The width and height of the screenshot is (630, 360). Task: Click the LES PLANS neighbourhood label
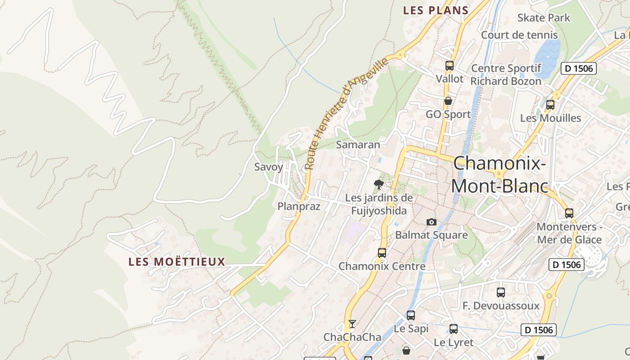click(436, 10)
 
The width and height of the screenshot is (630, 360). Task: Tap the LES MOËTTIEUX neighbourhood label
click(177, 262)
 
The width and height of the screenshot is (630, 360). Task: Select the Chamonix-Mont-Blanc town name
click(499, 175)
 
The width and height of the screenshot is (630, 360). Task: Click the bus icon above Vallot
click(449, 66)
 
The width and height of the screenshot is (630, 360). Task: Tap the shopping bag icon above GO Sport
click(448, 101)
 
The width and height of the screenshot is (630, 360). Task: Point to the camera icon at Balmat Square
click(431, 222)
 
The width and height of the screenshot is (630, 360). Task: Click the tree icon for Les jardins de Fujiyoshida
click(379, 184)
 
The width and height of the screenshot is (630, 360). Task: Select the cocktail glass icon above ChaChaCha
click(352, 324)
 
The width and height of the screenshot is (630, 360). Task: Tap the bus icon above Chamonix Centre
click(382, 253)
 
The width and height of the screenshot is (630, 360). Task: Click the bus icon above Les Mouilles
click(550, 105)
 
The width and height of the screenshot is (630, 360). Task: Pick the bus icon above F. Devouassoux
click(500, 292)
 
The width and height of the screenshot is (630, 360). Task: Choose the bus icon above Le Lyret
click(453, 329)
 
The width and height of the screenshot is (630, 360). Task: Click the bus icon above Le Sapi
click(410, 315)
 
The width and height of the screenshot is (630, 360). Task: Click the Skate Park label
click(544, 18)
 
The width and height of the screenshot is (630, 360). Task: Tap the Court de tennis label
click(519, 35)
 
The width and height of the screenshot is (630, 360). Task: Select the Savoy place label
click(269, 167)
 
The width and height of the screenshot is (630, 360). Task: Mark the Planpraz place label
click(299, 207)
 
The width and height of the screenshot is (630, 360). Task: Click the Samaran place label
click(358, 145)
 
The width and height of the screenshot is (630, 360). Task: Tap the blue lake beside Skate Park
click(547, 56)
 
